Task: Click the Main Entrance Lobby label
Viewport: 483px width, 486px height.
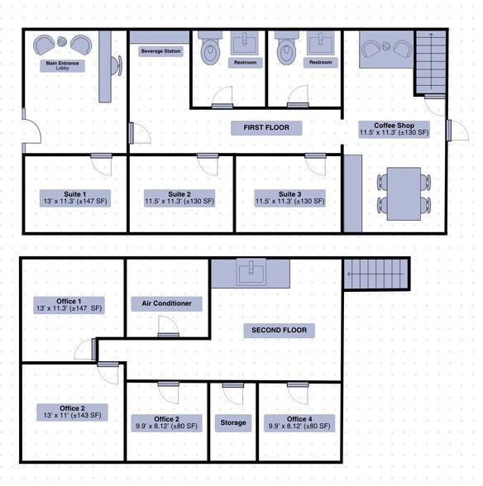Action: pos(58,65)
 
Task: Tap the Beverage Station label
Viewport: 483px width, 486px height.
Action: pos(160,51)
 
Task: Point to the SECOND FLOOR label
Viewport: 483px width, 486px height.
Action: pos(279,331)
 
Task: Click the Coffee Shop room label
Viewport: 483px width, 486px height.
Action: pos(394,129)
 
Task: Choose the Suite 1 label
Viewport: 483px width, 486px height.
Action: pos(74,198)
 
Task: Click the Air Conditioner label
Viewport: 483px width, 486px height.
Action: pos(165,303)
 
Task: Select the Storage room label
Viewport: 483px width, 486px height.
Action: pos(233,423)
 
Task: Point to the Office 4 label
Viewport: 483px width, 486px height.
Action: pos(299,422)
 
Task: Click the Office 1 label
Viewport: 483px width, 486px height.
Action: pos(69,304)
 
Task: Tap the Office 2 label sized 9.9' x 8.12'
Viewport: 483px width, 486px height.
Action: pos(165,422)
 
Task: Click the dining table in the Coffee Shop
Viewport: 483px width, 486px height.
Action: pos(404,193)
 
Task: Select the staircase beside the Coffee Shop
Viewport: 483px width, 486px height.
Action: pos(428,63)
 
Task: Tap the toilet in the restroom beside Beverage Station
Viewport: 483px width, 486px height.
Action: pos(210,50)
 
